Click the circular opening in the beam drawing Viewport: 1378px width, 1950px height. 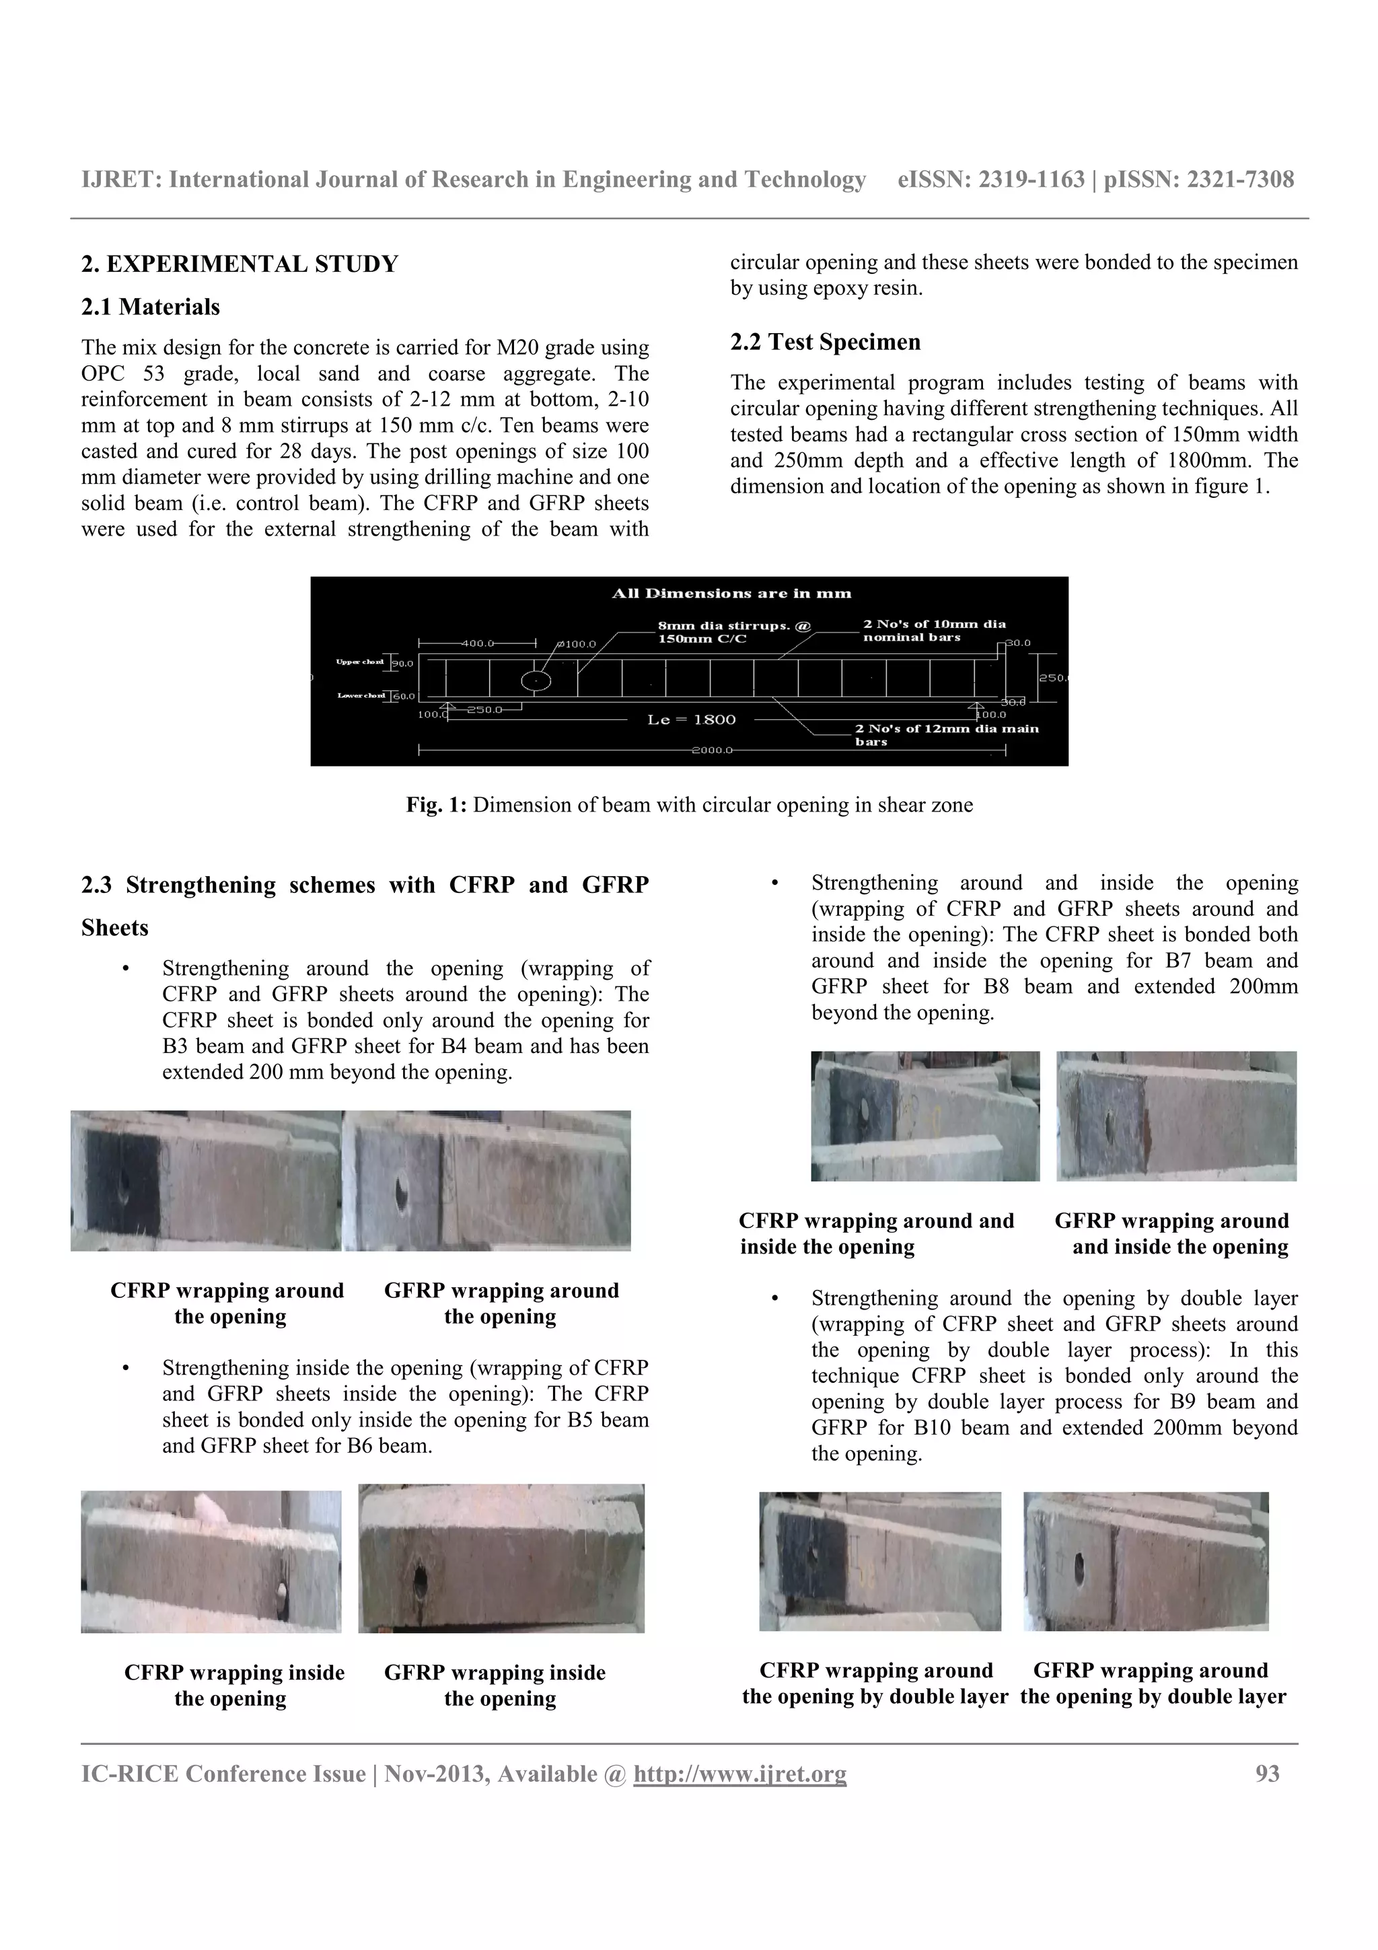[x=535, y=680]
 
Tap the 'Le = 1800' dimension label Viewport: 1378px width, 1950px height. [x=691, y=719]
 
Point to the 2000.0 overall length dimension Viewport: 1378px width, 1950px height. [x=711, y=751]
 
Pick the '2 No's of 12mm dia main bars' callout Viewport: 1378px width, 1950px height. [x=946, y=735]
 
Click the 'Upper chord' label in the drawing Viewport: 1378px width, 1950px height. [x=359, y=661]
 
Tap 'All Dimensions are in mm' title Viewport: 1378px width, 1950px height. [x=731, y=593]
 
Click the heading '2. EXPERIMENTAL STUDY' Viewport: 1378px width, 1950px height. [x=240, y=264]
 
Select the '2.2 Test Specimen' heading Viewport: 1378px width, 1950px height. [x=824, y=342]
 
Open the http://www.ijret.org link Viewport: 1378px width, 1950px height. [x=739, y=1774]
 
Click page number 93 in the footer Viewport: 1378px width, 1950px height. [x=1267, y=1774]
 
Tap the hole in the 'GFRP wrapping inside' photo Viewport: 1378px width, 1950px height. [x=419, y=1580]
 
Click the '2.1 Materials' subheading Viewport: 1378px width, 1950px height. [x=150, y=307]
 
